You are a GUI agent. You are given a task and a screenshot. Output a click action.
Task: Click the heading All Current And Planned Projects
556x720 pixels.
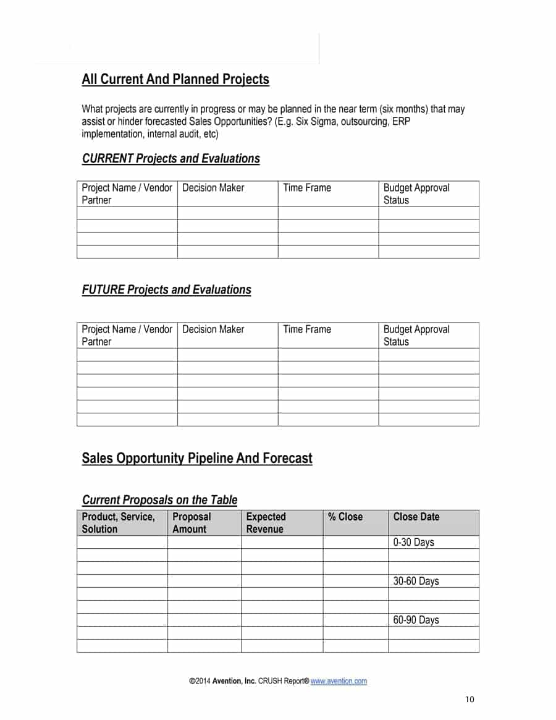pyautogui.click(x=175, y=80)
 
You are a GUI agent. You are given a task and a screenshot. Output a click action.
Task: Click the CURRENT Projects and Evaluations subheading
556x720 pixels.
pyautogui.click(x=171, y=159)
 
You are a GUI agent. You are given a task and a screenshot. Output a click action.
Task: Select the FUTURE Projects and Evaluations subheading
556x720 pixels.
pyautogui.click(x=166, y=290)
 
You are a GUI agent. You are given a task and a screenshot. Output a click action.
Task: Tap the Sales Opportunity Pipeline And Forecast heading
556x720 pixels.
pyautogui.click(x=197, y=459)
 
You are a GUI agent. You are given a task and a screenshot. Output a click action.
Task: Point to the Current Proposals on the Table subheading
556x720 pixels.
pyautogui.click(x=159, y=500)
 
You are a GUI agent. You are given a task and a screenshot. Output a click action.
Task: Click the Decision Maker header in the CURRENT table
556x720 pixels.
pyautogui.click(x=213, y=188)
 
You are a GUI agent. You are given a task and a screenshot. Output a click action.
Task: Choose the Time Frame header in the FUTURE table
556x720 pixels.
pyautogui.click(x=307, y=329)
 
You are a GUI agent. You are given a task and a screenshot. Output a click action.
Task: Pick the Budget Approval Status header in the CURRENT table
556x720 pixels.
pyautogui.click(x=416, y=193)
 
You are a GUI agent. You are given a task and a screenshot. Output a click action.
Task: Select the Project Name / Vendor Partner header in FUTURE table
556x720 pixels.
pyautogui.click(x=127, y=335)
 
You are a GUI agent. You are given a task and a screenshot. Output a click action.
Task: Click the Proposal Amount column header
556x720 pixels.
pyautogui.click(x=192, y=523)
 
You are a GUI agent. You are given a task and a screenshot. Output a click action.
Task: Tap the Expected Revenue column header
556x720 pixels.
pyautogui.click(x=266, y=523)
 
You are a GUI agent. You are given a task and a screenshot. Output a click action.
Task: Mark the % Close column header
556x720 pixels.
pyautogui.click(x=346, y=517)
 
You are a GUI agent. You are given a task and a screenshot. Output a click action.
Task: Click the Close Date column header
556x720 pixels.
pyautogui.click(x=416, y=517)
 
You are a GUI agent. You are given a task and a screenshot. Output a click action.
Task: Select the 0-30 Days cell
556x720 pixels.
pyautogui.click(x=414, y=543)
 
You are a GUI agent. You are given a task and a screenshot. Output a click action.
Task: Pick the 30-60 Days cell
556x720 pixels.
pyautogui.click(x=416, y=582)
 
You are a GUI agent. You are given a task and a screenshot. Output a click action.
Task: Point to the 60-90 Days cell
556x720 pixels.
pyautogui.click(x=416, y=620)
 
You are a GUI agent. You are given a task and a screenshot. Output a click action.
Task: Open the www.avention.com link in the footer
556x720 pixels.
pyautogui.click(x=339, y=681)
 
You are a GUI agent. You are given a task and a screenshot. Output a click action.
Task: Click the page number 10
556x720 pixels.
pyautogui.click(x=470, y=700)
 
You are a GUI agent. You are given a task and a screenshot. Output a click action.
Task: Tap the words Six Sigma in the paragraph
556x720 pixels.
pyautogui.click(x=316, y=122)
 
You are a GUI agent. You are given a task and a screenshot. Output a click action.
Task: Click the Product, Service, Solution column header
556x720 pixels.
pyautogui.click(x=118, y=523)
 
